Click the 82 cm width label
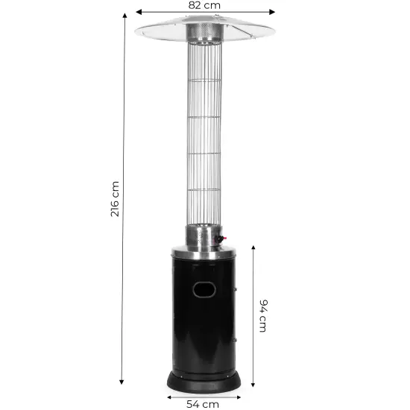click(x=204, y=5)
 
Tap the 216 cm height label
click(x=115, y=199)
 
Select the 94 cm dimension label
click(x=263, y=316)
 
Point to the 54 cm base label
click(x=203, y=404)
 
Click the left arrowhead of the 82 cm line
click(x=139, y=12)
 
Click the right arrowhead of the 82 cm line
click(x=272, y=12)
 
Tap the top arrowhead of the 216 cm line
click(x=124, y=16)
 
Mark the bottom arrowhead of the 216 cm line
click(x=122, y=382)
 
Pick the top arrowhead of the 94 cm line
click(x=253, y=248)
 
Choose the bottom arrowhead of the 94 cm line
click(x=253, y=384)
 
